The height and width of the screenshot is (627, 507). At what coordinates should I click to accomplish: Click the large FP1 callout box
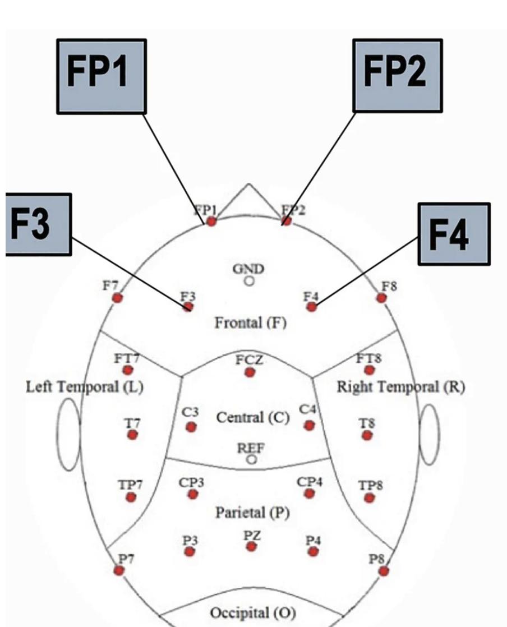(102, 76)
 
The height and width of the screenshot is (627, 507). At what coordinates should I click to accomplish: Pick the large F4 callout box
(454, 234)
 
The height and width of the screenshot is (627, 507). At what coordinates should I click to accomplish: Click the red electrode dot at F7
(117, 298)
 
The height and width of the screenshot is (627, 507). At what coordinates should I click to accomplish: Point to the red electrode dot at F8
(381, 298)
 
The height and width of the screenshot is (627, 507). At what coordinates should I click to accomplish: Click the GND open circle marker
(249, 280)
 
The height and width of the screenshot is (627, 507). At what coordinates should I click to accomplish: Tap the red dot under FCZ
(250, 372)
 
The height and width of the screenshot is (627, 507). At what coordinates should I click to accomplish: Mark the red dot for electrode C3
(191, 427)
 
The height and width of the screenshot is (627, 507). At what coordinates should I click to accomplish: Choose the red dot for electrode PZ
(251, 546)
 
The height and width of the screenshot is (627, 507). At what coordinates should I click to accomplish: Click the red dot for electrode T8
(367, 435)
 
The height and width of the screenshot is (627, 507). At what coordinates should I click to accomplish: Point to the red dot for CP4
(309, 493)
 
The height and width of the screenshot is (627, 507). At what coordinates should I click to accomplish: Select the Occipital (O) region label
(252, 612)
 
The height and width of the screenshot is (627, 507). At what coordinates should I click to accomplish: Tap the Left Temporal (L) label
(85, 387)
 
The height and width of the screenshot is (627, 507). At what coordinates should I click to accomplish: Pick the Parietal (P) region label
(252, 513)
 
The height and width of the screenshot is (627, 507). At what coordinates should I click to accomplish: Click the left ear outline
(67, 435)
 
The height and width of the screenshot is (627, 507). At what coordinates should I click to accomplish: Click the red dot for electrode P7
(119, 570)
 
